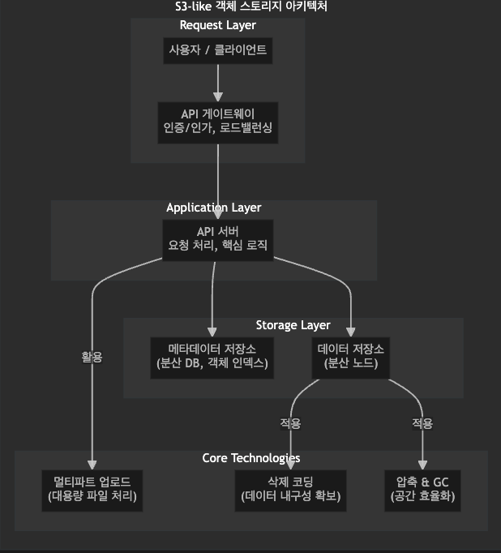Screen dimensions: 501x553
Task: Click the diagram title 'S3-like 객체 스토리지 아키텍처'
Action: click(x=250, y=6)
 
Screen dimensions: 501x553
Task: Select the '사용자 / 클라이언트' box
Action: click(x=217, y=50)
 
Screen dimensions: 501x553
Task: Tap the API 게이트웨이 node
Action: click(x=217, y=122)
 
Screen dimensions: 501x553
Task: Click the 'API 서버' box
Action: click(x=217, y=239)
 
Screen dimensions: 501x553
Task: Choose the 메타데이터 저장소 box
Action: click(x=212, y=357)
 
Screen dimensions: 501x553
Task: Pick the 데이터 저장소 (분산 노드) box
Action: click(x=351, y=357)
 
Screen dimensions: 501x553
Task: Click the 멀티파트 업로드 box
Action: click(x=92, y=490)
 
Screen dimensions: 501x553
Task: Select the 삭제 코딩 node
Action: click(x=290, y=490)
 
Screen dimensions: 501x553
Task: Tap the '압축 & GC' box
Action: click(x=422, y=490)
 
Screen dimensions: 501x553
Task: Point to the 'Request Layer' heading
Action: click(x=217, y=25)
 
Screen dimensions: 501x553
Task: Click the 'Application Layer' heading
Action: click(x=213, y=208)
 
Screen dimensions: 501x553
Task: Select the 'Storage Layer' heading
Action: click(x=293, y=325)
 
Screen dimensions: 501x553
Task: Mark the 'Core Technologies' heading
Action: click(x=250, y=458)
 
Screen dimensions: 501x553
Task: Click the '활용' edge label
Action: click(x=92, y=357)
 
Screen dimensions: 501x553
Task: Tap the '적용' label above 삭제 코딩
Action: click(x=290, y=423)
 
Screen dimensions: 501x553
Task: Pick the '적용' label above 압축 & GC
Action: click(x=422, y=423)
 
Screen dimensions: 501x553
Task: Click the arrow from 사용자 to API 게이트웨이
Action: click(x=217, y=81)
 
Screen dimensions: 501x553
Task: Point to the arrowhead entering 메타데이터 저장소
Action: click(x=212, y=332)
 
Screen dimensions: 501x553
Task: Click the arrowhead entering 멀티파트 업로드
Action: click(x=92, y=465)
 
